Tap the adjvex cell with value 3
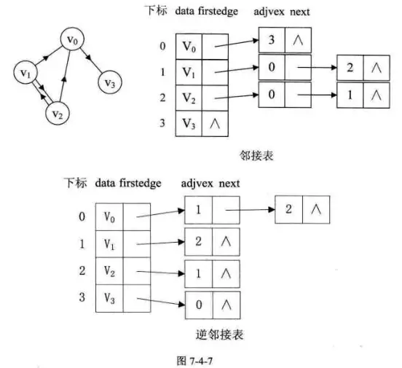(x=272, y=42)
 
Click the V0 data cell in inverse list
(x=109, y=217)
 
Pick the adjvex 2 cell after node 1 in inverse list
(x=288, y=209)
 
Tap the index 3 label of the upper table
(x=162, y=123)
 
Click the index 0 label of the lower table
(x=82, y=217)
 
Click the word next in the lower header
(x=229, y=183)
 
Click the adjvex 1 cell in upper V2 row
(x=350, y=96)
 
